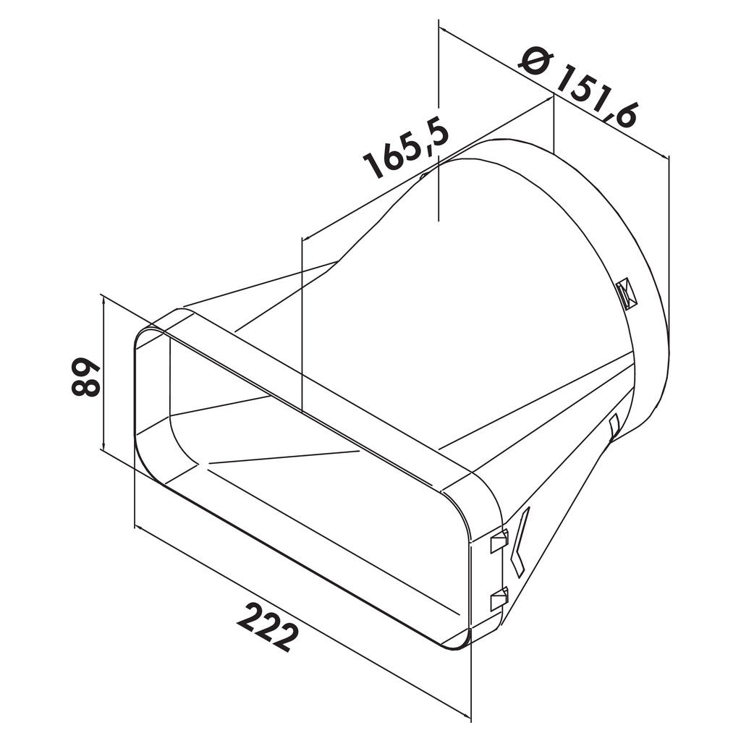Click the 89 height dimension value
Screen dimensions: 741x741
85,376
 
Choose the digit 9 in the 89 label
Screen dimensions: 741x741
85,366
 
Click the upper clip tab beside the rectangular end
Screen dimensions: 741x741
499,540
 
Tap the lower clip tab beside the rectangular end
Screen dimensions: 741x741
499,598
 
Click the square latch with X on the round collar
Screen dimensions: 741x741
626,294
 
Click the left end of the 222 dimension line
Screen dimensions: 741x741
135,526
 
